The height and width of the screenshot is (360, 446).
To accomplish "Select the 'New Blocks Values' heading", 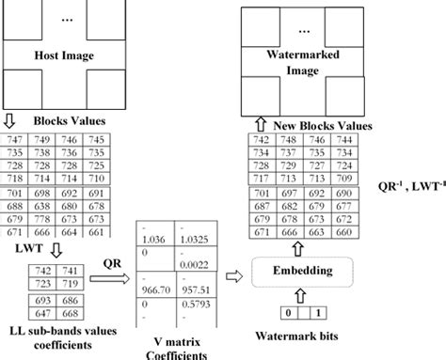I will pos(324,124).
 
